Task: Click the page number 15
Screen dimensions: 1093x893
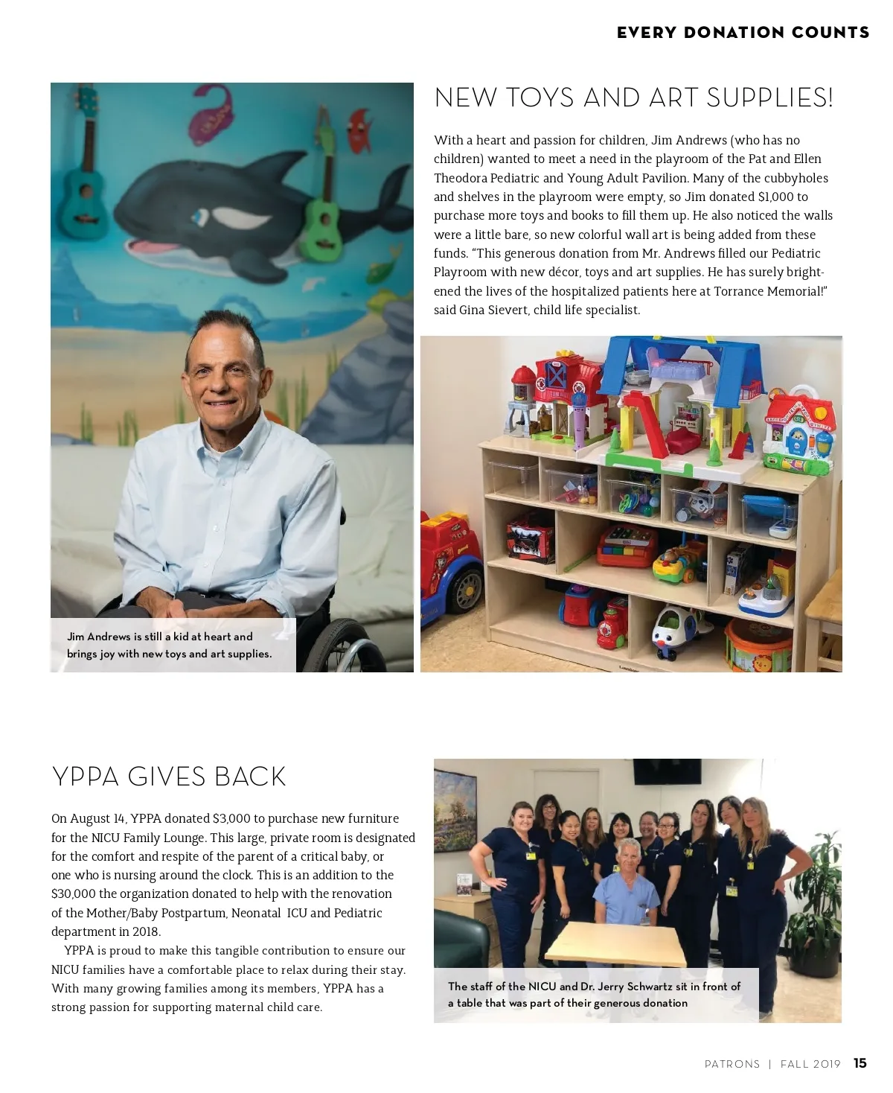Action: (x=860, y=1063)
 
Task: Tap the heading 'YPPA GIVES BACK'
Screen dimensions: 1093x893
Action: (x=169, y=777)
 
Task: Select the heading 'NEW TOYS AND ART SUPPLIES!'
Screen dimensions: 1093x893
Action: (x=633, y=98)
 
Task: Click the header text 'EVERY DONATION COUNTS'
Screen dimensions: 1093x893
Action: (x=743, y=33)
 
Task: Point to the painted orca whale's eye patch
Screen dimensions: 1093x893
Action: (x=238, y=218)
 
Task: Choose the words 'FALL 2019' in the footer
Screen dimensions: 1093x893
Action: (x=810, y=1064)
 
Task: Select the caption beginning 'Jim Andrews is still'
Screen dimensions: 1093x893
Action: (x=170, y=645)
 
